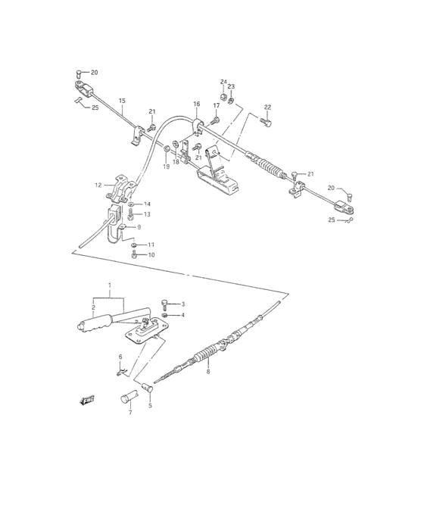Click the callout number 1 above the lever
110,285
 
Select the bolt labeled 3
166,304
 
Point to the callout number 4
182,315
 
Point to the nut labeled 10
134,255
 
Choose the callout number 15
122,101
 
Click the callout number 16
196,104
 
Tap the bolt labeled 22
264,120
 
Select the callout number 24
223,81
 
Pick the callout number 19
167,167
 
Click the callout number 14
148,204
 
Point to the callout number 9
139,226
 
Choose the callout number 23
232,86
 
